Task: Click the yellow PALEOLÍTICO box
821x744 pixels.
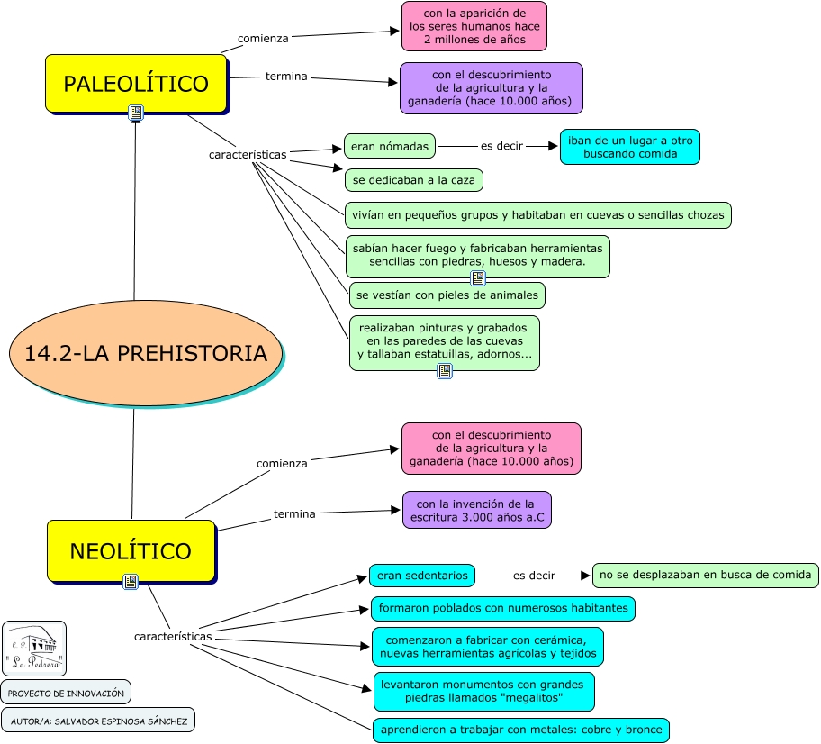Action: click(136, 84)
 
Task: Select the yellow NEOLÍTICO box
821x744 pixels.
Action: click(131, 550)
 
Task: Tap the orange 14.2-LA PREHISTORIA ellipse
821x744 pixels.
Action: click(146, 353)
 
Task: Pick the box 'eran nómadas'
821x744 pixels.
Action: click(390, 146)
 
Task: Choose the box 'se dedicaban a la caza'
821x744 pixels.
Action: click(414, 180)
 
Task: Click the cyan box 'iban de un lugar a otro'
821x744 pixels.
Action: click(629, 147)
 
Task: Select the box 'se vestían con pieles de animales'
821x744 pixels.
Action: click(447, 295)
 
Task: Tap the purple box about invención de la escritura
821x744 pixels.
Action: click(476, 510)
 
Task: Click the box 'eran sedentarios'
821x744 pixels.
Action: click(422, 575)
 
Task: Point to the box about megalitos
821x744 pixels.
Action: click(484, 691)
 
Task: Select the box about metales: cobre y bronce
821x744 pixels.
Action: click(521, 730)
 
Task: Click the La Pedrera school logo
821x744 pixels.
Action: click(34, 648)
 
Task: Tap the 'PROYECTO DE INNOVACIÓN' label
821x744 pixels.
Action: click(66, 692)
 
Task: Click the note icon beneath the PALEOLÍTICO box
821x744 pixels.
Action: click(136, 113)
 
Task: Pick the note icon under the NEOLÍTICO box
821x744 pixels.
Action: click(131, 581)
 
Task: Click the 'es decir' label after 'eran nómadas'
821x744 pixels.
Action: click(501, 146)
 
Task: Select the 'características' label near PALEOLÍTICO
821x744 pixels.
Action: click(248, 154)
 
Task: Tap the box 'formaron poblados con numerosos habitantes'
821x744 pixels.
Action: click(503, 608)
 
